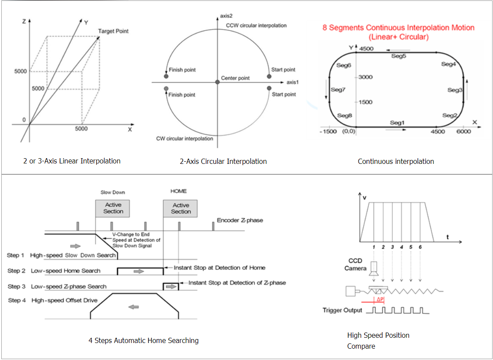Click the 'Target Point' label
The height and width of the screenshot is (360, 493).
coord(113,31)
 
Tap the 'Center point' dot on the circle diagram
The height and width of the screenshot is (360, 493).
coord(217,82)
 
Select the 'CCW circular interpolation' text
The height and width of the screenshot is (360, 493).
coord(256,25)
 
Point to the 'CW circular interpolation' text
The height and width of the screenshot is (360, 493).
coord(185,139)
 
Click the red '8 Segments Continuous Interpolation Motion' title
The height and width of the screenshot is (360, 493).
coord(398,27)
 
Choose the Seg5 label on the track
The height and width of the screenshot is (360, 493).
coord(398,56)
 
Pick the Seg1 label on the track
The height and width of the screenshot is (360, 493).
coord(397,122)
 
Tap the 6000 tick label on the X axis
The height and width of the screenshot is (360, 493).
coord(463,132)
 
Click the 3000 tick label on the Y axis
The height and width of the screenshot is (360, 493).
coord(365,77)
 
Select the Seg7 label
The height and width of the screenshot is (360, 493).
coord(338,90)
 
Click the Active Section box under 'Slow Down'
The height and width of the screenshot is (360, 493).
coord(112,208)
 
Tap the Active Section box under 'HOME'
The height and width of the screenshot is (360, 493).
coord(180,208)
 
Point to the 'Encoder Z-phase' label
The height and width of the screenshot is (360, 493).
coord(240,220)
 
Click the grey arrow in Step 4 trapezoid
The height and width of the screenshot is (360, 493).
coord(134,307)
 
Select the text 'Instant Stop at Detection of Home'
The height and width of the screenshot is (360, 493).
coord(219,268)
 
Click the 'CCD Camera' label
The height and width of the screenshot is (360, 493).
coord(355,265)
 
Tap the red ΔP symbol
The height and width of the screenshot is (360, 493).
coord(380,299)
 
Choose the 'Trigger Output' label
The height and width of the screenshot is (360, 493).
coord(342,310)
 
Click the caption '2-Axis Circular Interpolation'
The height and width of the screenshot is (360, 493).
coord(223,161)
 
